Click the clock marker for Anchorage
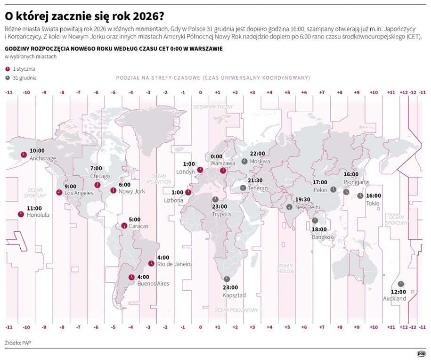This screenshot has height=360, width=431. click(x=23, y=155)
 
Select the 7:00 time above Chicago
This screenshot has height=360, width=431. click(x=96, y=168)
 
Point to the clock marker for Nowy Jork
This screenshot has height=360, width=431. click(x=113, y=190)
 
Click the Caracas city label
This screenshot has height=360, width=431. click(x=138, y=226)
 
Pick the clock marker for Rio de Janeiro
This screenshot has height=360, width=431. click(x=151, y=263)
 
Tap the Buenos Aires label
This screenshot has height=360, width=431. click(x=153, y=284)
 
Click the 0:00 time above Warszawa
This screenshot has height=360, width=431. click(x=217, y=156)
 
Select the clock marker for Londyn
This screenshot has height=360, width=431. click(x=200, y=170)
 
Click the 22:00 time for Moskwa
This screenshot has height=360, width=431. click(x=257, y=154)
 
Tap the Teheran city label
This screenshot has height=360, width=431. click(x=258, y=188)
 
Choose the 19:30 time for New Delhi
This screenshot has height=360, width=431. click(x=302, y=199)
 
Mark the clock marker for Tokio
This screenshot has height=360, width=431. click(x=360, y=196)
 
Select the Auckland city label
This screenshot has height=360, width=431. click(x=394, y=299)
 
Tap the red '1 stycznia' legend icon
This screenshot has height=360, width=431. click(x=7, y=68)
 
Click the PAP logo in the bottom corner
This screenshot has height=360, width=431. click(x=421, y=352)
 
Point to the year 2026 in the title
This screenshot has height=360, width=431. click(x=144, y=16)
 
